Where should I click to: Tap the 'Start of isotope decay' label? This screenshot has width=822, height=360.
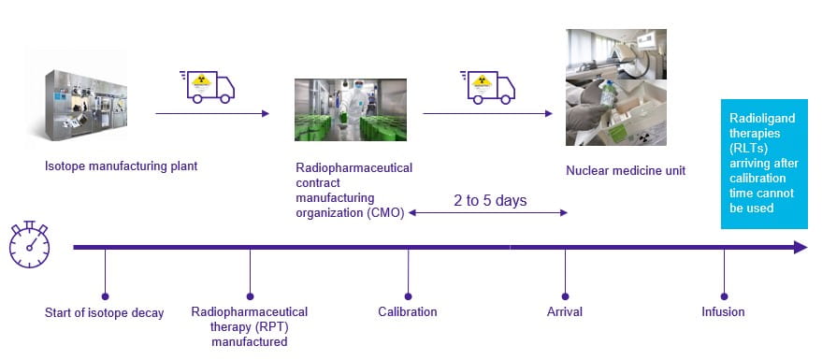104,312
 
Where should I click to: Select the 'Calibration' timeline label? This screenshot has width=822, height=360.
407,312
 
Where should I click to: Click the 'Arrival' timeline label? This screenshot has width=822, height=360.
565,312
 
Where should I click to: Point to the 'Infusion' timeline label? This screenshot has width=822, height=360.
723,312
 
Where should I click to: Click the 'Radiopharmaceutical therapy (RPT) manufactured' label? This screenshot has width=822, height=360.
249,326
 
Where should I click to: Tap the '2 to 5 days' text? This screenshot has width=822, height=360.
490,200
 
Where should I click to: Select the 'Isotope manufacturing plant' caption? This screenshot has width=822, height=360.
121,167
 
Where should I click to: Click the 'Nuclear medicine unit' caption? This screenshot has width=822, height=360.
625,171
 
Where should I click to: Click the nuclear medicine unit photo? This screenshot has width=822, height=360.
615,87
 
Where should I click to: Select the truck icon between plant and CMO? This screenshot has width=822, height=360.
205,85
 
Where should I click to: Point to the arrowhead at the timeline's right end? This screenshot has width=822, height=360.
800,248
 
